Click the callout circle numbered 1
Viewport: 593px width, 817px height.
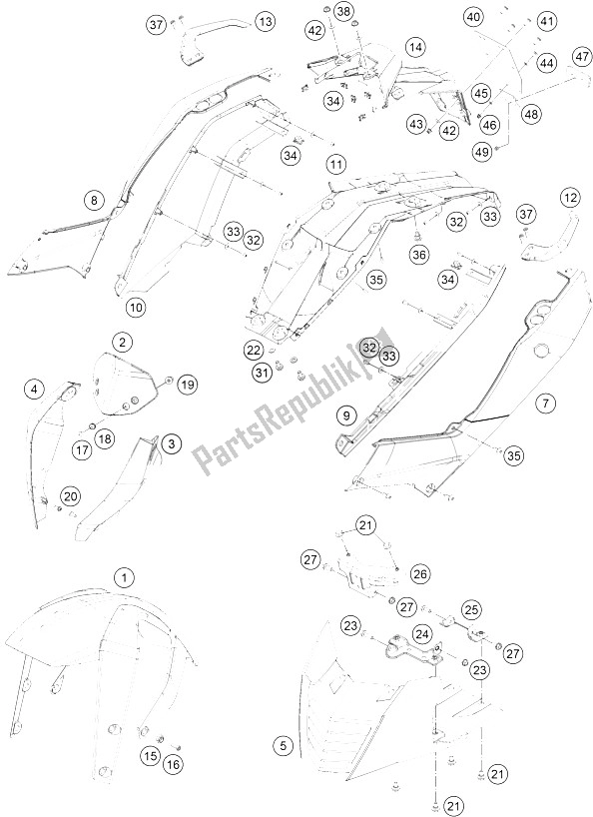[x=124, y=578]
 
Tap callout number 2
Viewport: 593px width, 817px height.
[x=123, y=343]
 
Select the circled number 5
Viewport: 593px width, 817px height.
[x=284, y=746]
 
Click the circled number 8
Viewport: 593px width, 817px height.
[x=94, y=200]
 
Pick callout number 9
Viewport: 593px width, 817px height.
[x=346, y=415]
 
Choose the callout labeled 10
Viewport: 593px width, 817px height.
[x=136, y=308]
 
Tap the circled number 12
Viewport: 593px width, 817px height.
[x=570, y=198]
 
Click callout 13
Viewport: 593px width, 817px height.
[x=265, y=22]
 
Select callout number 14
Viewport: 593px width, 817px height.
[x=415, y=47]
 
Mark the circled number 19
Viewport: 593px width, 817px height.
[x=188, y=386]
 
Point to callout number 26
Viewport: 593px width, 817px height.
[x=420, y=574]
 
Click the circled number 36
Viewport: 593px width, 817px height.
[x=419, y=255]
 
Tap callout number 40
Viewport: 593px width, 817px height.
[x=473, y=17]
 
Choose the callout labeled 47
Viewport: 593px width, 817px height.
[x=583, y=56]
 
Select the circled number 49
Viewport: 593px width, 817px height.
[x=482, y=152]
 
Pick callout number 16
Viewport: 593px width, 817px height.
[x=174, y=765]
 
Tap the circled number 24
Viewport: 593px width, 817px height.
[x=422, y=633]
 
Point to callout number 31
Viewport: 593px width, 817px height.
[x=264, y=372]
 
